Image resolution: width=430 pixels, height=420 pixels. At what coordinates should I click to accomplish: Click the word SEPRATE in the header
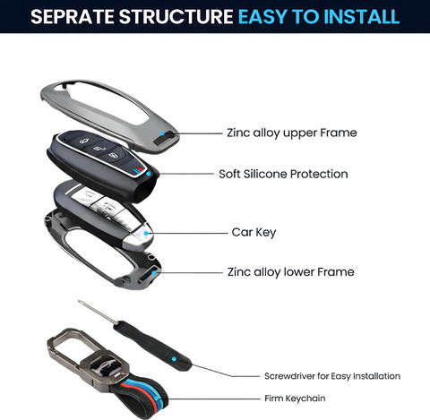(x=73, y=16)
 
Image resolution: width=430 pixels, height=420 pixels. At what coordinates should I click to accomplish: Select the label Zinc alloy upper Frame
(x=292, y=133)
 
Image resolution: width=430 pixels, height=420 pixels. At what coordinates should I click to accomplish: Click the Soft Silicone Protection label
(x=283, y=174)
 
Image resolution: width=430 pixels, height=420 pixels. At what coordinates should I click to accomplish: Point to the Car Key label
(x=254, y=233)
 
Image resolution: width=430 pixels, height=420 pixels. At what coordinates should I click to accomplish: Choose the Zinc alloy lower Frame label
(x=291, y=272)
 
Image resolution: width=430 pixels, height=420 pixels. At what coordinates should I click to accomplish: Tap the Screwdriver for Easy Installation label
(x=332, y=376)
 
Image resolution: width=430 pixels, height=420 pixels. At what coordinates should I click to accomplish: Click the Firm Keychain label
(x=295, y=399)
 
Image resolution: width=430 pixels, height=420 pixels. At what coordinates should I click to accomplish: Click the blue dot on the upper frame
(x=162, y=133)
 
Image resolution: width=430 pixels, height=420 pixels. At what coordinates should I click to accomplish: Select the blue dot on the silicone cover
(x=149, y=174)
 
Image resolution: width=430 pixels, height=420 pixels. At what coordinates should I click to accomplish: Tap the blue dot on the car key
(x=146, y=234)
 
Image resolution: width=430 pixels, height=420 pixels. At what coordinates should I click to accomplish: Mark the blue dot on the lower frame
(x=154, y=272)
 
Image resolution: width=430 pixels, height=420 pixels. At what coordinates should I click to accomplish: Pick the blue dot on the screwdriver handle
(x=174, y=359)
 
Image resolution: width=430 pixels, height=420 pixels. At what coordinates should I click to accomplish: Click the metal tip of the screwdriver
(x=80, y=302)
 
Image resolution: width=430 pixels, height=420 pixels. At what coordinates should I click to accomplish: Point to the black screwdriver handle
(x=152, y=347)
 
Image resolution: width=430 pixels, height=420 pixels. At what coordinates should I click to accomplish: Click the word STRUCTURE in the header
(x=176, y=16)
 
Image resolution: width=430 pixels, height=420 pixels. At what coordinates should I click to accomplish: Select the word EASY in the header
(x=263, y=16)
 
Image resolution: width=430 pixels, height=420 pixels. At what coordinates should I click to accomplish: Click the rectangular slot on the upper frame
(x=166, y=138)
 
